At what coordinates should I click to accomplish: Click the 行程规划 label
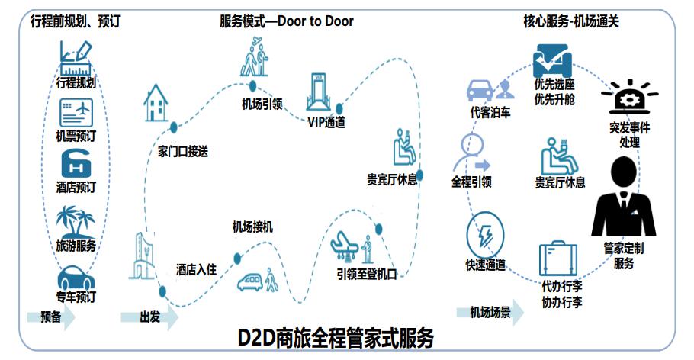(x=76, y=82)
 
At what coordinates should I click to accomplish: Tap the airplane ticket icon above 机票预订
(x=76, y=114)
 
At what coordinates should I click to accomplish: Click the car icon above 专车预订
(x=76, y=275)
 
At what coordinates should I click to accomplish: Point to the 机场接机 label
(x=252, y=227)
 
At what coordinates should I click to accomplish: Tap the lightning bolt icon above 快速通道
(x=485, y=236)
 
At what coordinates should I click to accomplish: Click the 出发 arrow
(x=149, y=317)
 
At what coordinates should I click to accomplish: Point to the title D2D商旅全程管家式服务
(x=336, y=336)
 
